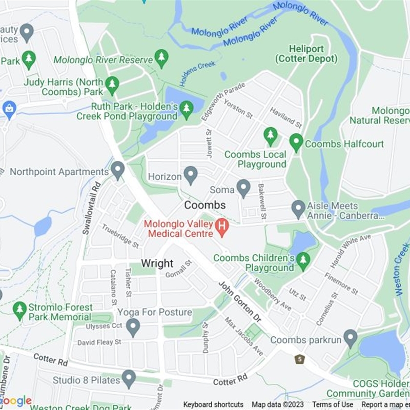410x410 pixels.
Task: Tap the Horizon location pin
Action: coord(191,175)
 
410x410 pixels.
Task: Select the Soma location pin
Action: coord(243,188)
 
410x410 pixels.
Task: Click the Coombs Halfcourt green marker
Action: coord(296,142)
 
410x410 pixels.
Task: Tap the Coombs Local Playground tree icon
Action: coord(270,136)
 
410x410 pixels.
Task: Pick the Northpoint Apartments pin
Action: coord(118,170)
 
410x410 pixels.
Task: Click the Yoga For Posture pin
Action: coord(133,326)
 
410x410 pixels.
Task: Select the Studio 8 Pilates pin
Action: coord(129,379)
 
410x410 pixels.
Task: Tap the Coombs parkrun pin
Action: coord(351,338)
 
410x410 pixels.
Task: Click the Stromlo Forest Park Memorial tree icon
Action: coord(19,310)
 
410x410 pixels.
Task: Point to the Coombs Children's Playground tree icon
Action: coord(303,261)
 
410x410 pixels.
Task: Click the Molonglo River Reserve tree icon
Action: coord(162,58)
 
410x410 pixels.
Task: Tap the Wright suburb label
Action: coord(157,263)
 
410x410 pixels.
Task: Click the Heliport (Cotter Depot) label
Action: coord(306,54)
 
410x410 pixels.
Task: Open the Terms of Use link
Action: coord(333,404)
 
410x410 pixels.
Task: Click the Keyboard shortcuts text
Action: coord(213,404)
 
